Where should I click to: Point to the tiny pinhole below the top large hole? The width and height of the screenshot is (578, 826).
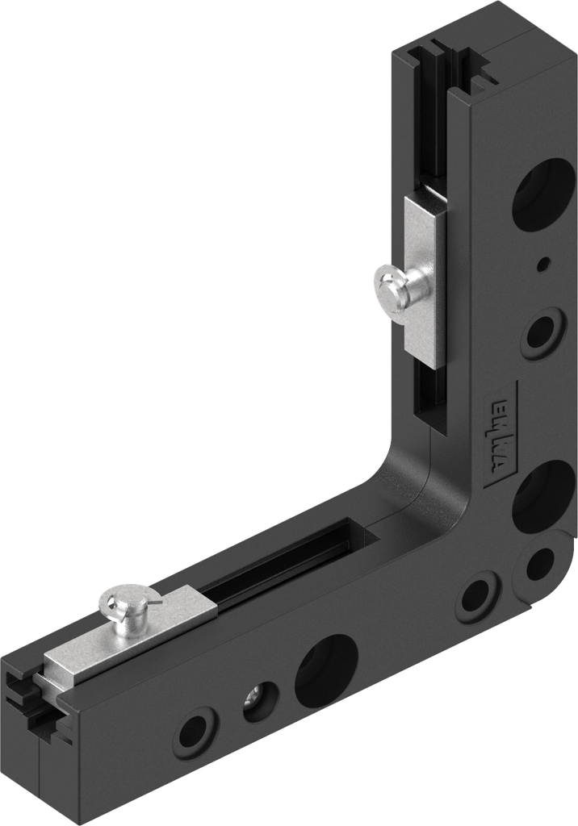545,263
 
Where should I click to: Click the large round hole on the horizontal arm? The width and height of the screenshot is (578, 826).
325,669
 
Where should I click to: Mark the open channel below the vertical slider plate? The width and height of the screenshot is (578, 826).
425,395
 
